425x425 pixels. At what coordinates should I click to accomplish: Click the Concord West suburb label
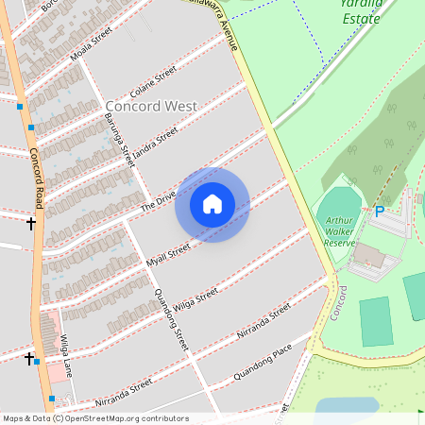[x=151, y=106]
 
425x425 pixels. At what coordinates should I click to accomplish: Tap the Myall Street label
[x=168, y=254]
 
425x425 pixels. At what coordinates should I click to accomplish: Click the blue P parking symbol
[x=380, y=212]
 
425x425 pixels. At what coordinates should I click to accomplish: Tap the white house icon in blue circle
[x=212, y=204]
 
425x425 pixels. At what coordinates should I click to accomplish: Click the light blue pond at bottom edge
[x=347, y=408]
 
